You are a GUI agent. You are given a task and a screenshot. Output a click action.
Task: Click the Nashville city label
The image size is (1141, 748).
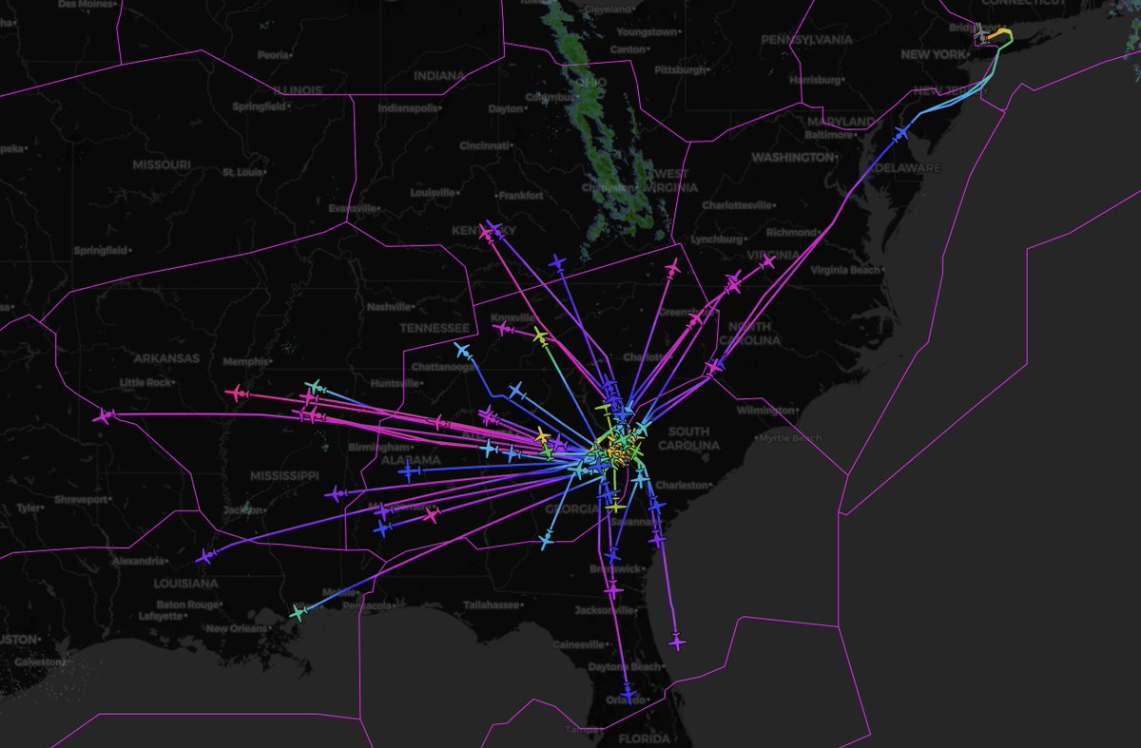pos(389,306)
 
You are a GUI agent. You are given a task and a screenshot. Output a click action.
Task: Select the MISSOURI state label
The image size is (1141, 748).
pos(161,164)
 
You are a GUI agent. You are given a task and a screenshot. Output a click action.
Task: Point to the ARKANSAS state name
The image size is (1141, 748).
pos(165,358)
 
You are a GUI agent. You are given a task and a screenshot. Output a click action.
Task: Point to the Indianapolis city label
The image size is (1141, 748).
pos(409,108)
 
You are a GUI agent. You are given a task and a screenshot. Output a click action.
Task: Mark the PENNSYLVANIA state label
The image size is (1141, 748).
pos(807,43)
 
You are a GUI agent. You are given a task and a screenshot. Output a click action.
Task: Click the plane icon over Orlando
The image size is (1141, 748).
pos(628,697)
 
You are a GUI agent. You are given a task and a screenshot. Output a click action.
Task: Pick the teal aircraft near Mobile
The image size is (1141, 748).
pos(300,613)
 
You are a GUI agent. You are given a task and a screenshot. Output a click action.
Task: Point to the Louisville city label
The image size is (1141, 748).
pos(434,192)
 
